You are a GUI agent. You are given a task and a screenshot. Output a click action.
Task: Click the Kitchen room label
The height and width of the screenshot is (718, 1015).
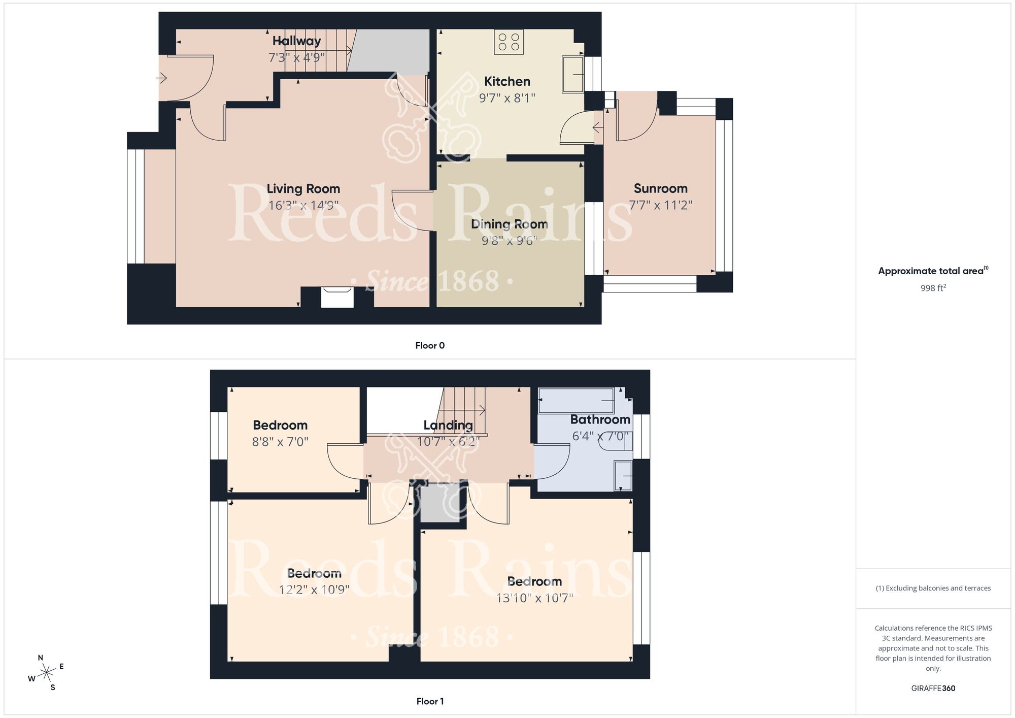(507, 81)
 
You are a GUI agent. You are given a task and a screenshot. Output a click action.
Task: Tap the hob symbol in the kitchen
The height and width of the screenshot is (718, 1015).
(509, 42)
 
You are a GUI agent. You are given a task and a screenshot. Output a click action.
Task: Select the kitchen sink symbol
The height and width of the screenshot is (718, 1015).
(573, 75)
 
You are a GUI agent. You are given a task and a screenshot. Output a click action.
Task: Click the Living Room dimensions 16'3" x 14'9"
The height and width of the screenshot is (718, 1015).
(303, 205)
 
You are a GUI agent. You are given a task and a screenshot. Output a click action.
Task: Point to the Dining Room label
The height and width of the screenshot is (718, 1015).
(509, 224)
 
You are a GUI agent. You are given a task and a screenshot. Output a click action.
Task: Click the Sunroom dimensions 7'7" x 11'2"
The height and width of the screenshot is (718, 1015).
(660, 205)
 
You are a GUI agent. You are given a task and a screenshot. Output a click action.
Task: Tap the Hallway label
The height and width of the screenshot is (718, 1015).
(296, 41)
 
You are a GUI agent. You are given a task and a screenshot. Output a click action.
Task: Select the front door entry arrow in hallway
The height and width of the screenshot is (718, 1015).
(161, 78)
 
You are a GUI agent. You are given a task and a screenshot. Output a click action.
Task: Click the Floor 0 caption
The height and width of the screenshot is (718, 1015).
(429, 346)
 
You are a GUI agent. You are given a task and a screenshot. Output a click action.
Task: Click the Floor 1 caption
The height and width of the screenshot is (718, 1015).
(429, 701)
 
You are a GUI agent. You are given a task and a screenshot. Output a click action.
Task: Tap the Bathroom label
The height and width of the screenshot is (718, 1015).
(600, 419)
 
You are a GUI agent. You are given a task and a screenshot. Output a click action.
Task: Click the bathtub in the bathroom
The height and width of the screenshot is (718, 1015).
(576, 401)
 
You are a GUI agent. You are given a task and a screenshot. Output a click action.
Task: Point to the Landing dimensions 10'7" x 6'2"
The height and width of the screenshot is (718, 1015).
(448, 441)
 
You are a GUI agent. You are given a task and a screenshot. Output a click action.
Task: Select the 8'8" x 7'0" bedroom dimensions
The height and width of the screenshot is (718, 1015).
(280, 442)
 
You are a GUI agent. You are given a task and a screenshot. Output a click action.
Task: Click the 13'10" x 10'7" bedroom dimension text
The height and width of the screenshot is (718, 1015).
(534, 598)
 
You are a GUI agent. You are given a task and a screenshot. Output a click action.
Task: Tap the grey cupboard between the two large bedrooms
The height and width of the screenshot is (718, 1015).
(439, 504)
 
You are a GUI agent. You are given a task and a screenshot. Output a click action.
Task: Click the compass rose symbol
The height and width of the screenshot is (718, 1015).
(47, 673)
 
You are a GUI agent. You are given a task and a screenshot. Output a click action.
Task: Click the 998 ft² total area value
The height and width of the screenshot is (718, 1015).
(933, 288)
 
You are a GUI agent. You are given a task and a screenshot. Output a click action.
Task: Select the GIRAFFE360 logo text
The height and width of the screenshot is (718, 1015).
(933, 689)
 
